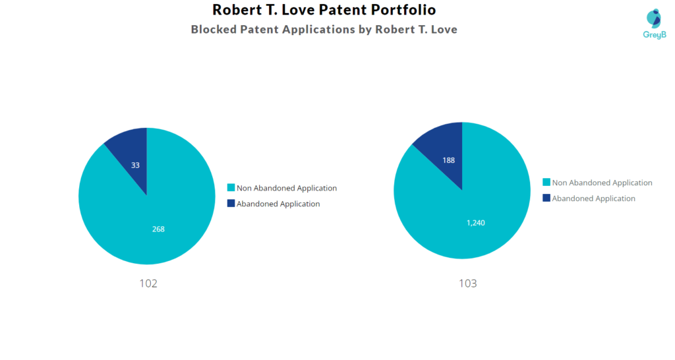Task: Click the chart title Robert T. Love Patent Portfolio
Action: [x=324, y=10]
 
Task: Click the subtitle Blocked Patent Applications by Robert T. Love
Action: [x=324, y=30]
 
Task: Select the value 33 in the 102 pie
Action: [x=135, y=165]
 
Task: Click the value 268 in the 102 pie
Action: [x=158, y=229]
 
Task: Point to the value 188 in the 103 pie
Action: [x=448, y=160]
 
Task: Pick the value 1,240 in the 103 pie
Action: [x=475, y=223]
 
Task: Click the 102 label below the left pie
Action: [x=148, y=284]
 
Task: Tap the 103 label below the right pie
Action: [x=467, y=284]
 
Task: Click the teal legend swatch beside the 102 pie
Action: [x=231, y=188]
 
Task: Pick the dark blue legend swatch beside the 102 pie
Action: [x=231, y=204]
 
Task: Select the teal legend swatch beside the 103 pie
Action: [x=546, y=183]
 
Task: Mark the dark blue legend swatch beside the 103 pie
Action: [x=546, y=198]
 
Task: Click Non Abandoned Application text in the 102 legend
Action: [x=286, y=188]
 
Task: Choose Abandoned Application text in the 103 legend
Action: [x=593, y=198]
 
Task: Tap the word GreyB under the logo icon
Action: [x=654, y=34]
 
